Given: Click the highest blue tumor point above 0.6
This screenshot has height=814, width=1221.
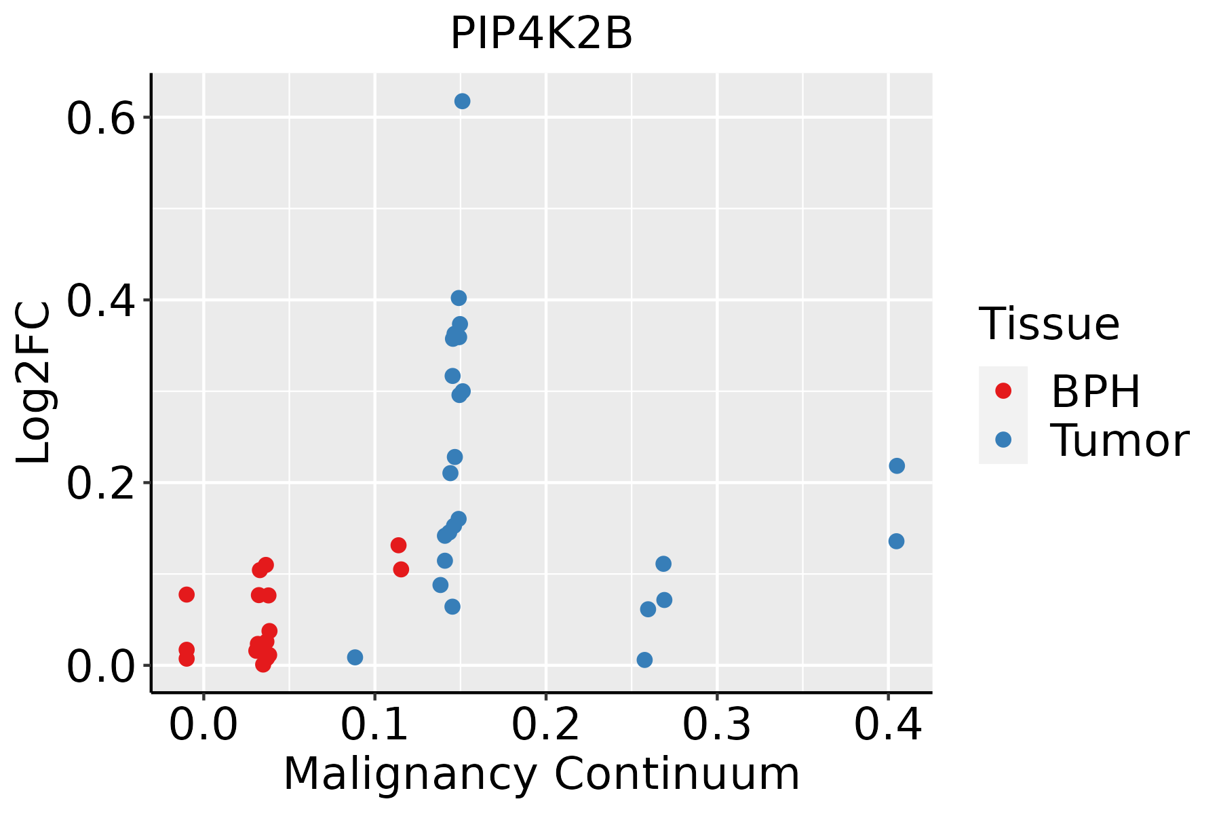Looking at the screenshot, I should pos(463,102).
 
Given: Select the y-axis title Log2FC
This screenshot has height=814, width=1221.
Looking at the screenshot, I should pos(34,383).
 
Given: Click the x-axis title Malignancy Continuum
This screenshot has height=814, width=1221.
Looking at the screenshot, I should pos(541,774).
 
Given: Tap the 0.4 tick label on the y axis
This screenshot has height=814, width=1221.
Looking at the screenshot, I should pos(99,301).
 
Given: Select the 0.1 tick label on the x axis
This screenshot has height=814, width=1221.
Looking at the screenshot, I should pos(374,724).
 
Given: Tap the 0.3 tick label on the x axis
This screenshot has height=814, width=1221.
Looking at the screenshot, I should pos(716,724).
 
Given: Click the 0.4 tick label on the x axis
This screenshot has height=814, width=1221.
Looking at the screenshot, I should pos(887,724).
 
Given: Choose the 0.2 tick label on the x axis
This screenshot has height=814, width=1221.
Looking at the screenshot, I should pos(545,724).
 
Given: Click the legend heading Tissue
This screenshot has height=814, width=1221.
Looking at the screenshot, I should pos(1049,324).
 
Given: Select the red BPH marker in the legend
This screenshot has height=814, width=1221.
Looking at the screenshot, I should pos(1003,391).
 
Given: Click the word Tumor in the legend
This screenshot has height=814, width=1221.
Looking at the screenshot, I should pos(1119,441).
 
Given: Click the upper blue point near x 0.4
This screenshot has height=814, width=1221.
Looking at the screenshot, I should pos(897,466).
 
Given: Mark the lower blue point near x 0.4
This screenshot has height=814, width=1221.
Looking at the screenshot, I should pos(896,541).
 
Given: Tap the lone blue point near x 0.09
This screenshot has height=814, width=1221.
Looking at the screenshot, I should pos(355,657).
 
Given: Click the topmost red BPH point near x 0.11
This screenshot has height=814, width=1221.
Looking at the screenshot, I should pos(398,545).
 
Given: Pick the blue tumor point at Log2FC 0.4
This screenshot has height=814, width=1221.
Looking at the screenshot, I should pos(459,298).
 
